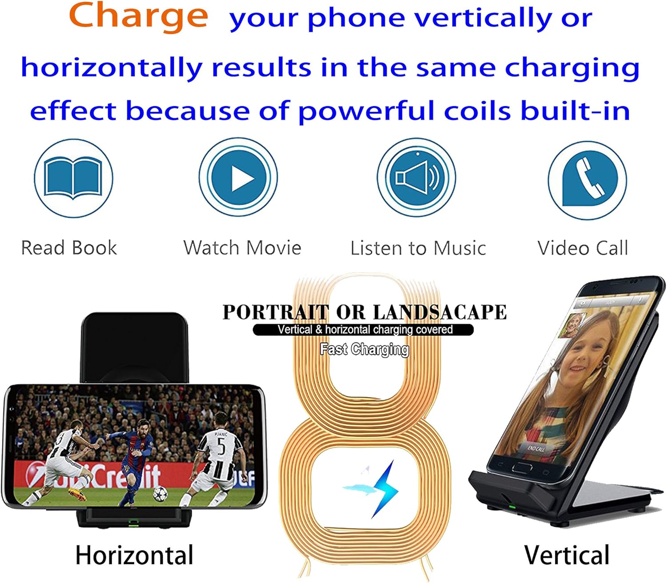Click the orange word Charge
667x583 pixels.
(x=138, y=16)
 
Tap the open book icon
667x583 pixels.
(x=73, y=178)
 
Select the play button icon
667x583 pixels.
(x=241, y=178)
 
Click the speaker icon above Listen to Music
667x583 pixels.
(x=417, y=178)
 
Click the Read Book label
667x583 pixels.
(x=69, y=248)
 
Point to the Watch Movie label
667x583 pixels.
(x=242, y=248)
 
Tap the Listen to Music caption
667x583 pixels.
(x=418, y=248)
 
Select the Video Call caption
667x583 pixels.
(x=583, y=248)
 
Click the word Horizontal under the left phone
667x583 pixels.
(x=134, y=555)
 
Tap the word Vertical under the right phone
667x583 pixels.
(x=567, y=555)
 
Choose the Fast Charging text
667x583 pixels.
(x=364, y=349)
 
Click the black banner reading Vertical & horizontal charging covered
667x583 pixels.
(x=363, y=330)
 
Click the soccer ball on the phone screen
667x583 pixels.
(x=160, y=493)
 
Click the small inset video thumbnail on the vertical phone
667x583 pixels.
(x=574, y=325)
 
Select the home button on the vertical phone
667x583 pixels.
(x=521, y=467)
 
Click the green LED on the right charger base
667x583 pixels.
(x=512, y=507)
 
